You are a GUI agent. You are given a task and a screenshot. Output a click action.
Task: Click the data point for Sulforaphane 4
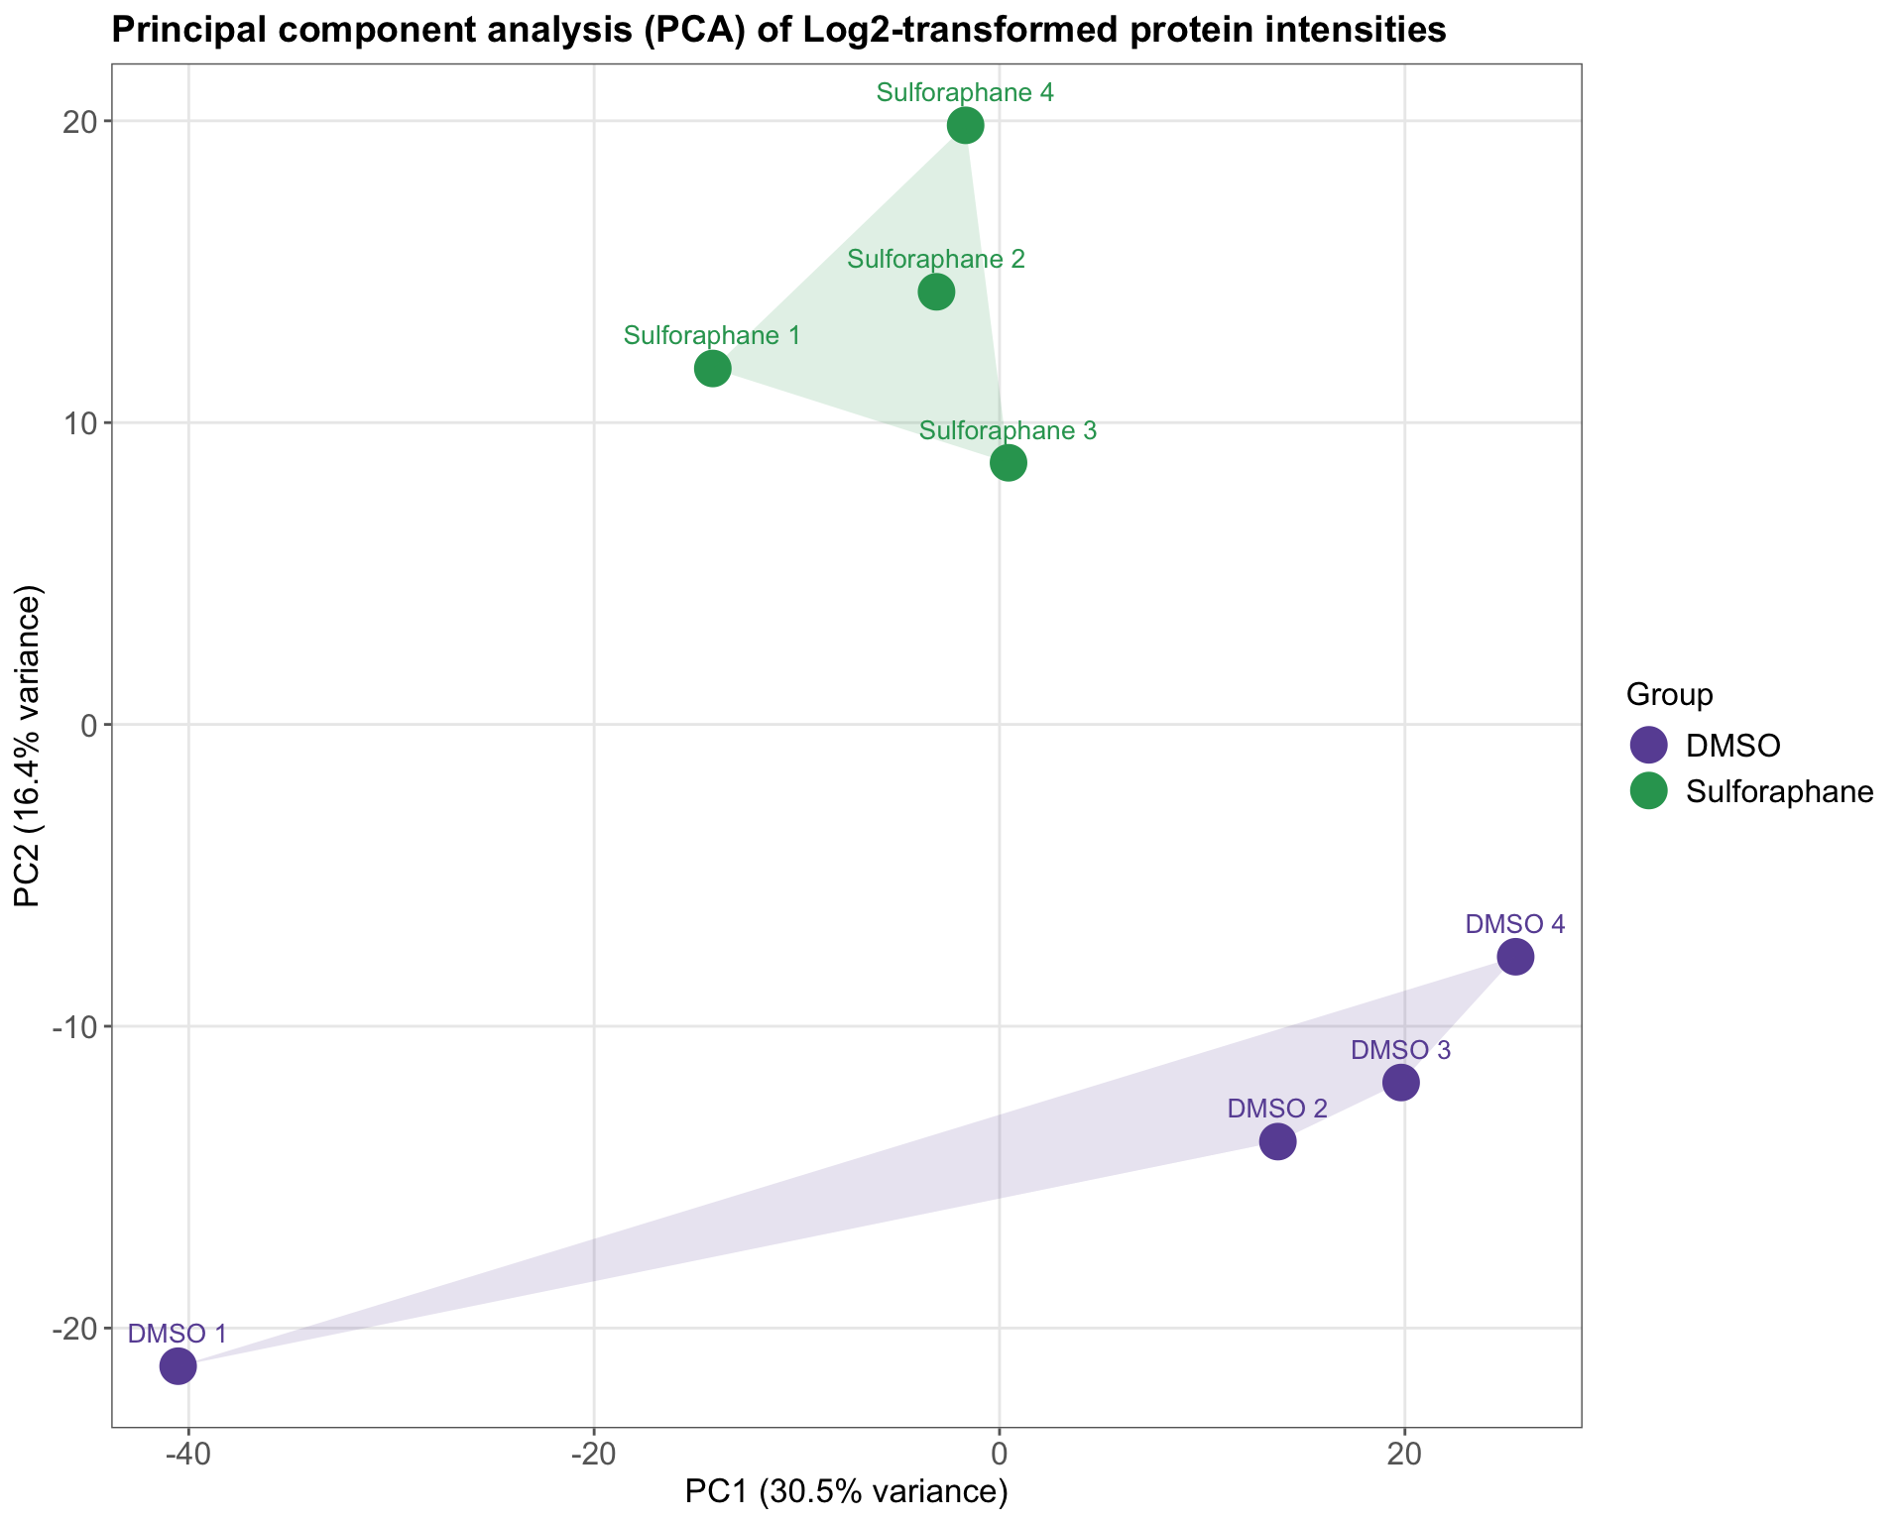click(x=965, y=126)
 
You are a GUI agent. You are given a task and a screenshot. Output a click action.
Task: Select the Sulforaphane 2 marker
click(x=936, y=292)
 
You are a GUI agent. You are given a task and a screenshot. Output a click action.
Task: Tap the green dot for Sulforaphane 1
click(x=712, y=369)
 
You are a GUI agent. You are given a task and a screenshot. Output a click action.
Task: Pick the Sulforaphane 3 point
click(x=1008, y=463)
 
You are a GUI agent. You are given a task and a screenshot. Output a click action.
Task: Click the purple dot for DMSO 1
click(x=178, y=1366)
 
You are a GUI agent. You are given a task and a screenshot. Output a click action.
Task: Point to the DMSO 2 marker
click(x=1277, y=1142)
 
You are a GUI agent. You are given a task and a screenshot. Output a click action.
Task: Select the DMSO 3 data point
click(x=1400, y=1083)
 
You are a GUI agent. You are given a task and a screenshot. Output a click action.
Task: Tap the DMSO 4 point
click(x=1515, y=957)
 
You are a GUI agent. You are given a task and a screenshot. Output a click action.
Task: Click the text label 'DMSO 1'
click(x=178, y=1334)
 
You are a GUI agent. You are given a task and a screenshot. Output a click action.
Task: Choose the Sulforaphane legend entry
click(x=1779, y=791)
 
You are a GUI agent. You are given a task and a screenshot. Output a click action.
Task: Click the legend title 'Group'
click(x=1669, y=695)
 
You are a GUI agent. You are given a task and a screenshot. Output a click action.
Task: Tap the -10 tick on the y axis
click(x=79, y=1026)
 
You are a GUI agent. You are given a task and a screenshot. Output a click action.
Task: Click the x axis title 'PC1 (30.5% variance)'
click(x=846, y=1491)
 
